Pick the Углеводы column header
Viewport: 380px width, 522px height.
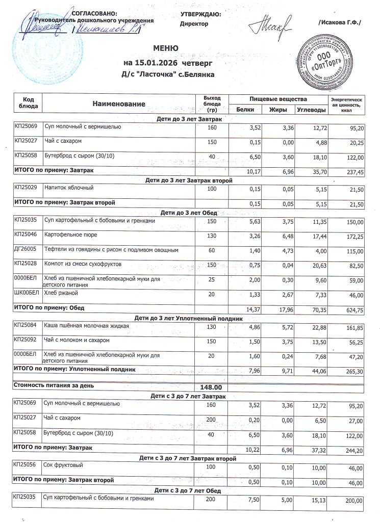coord(311,110)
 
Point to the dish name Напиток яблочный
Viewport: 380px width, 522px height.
coord(69,188)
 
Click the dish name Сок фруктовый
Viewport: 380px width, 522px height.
coord(63,465)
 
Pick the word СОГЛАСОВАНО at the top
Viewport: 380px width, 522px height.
coord(95,13)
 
